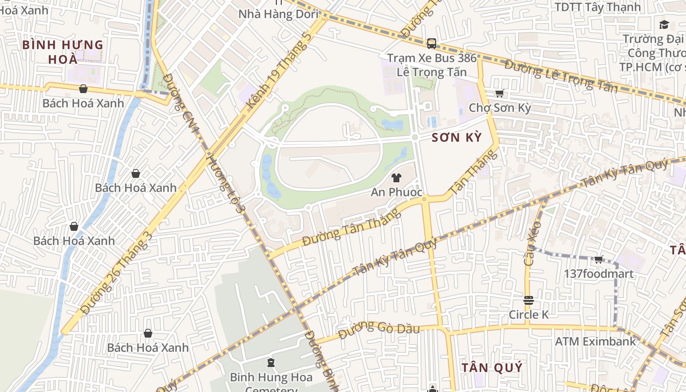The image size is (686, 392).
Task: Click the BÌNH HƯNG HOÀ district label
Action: [x=63, y=52]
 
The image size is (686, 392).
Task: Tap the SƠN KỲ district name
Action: [x=457, y=138]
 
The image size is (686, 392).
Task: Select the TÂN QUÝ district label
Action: [x=492, y=367]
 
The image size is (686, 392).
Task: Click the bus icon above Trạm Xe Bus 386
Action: [x=431, y=44]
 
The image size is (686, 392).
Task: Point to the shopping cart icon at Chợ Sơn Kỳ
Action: [x=499, y=93]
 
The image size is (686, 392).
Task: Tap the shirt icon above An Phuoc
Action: [x=396, y=178]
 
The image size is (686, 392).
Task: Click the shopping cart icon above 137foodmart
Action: [x=598, y=259]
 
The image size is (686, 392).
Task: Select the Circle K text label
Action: [x=529, y=315]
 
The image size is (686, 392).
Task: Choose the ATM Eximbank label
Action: [x=595, y=341]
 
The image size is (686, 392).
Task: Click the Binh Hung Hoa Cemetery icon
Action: [x=270, y=363]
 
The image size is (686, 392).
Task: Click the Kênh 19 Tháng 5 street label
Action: [x=279, y=71]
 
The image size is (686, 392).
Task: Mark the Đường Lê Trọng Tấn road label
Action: [x=561, y=75]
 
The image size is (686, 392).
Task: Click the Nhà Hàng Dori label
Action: [x=278, y=14]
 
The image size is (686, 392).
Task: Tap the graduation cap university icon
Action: [x=664, y=24]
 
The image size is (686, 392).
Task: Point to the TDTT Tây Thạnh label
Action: [x=597, y=7]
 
